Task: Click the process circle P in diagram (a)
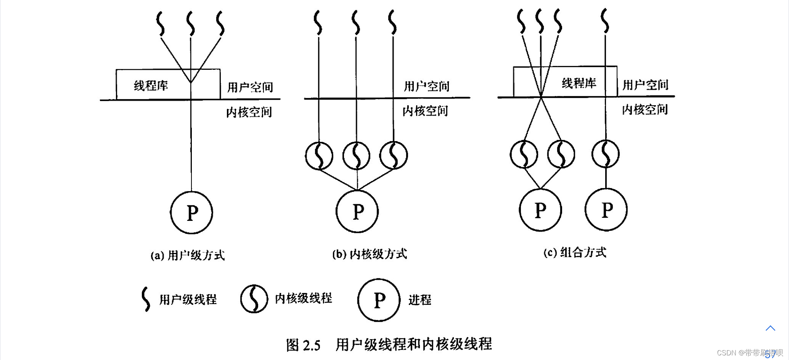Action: (191, 212)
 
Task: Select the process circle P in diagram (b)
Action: (357, 211)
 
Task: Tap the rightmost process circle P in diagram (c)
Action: (606, 210)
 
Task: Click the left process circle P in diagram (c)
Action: (540, 210)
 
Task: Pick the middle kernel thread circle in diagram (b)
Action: (356, 156)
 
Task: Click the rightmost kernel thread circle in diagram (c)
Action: (606, 154)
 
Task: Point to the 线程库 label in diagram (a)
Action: (151, 85)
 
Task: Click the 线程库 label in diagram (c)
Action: (579, 83)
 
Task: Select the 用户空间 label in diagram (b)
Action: (426, 86)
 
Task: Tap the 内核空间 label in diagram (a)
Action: (249, 112)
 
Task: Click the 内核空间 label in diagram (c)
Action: (645, 109)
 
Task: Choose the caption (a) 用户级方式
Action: (188, 255)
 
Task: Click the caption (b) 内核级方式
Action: (369, 254)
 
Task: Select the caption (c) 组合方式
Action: (574, 252)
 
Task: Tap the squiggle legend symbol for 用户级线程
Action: (146, 299)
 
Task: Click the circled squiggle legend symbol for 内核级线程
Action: (254, 299)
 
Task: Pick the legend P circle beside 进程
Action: (379, 300)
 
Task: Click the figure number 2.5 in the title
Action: (311, 345)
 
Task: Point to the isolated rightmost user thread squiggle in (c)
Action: (605, 21)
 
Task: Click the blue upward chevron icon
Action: (770, 328)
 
